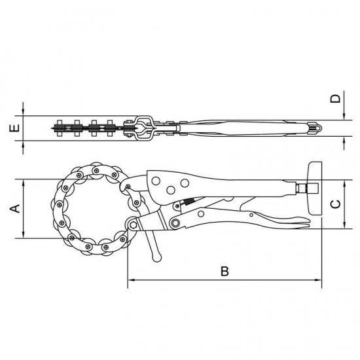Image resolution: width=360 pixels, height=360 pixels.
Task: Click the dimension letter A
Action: (15, 208)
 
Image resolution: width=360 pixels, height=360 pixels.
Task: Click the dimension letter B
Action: (225, 271)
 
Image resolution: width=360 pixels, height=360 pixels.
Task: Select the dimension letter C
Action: (336, 204)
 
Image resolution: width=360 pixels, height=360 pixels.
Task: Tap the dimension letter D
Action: (336, 99)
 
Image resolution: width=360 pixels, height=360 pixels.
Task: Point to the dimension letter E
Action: (14, 128)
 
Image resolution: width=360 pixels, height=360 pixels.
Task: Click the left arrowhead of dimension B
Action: (131, 280)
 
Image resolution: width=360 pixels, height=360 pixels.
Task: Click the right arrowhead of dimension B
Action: (318, 280)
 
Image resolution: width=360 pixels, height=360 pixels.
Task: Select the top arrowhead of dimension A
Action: (24, 183)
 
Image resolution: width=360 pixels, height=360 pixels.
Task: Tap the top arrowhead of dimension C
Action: (344, 183)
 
